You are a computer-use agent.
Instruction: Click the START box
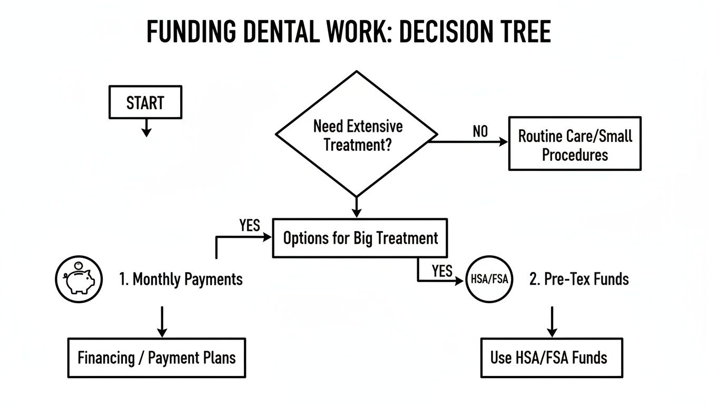click(x=145, y=102)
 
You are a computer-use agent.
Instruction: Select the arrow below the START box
click(x=146, y=127)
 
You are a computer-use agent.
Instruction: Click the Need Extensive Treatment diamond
click(x=357, y=134)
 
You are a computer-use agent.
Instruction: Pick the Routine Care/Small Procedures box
click(x=575, y=144)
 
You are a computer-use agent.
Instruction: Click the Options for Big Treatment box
click(x=360, y=238)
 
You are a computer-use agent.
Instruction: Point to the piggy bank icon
click(x=79, y=279)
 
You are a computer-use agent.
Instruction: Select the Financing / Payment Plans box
click(x=156, y=358)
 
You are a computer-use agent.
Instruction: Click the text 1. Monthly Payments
click(x=181, y=279)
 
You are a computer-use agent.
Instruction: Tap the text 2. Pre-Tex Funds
click(x=579, y=279)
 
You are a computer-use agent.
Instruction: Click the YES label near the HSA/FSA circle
click(x=442, y=271)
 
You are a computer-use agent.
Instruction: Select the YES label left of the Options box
click(x=250, y=226)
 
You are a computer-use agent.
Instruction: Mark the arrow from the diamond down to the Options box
click(x=357, y=207)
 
